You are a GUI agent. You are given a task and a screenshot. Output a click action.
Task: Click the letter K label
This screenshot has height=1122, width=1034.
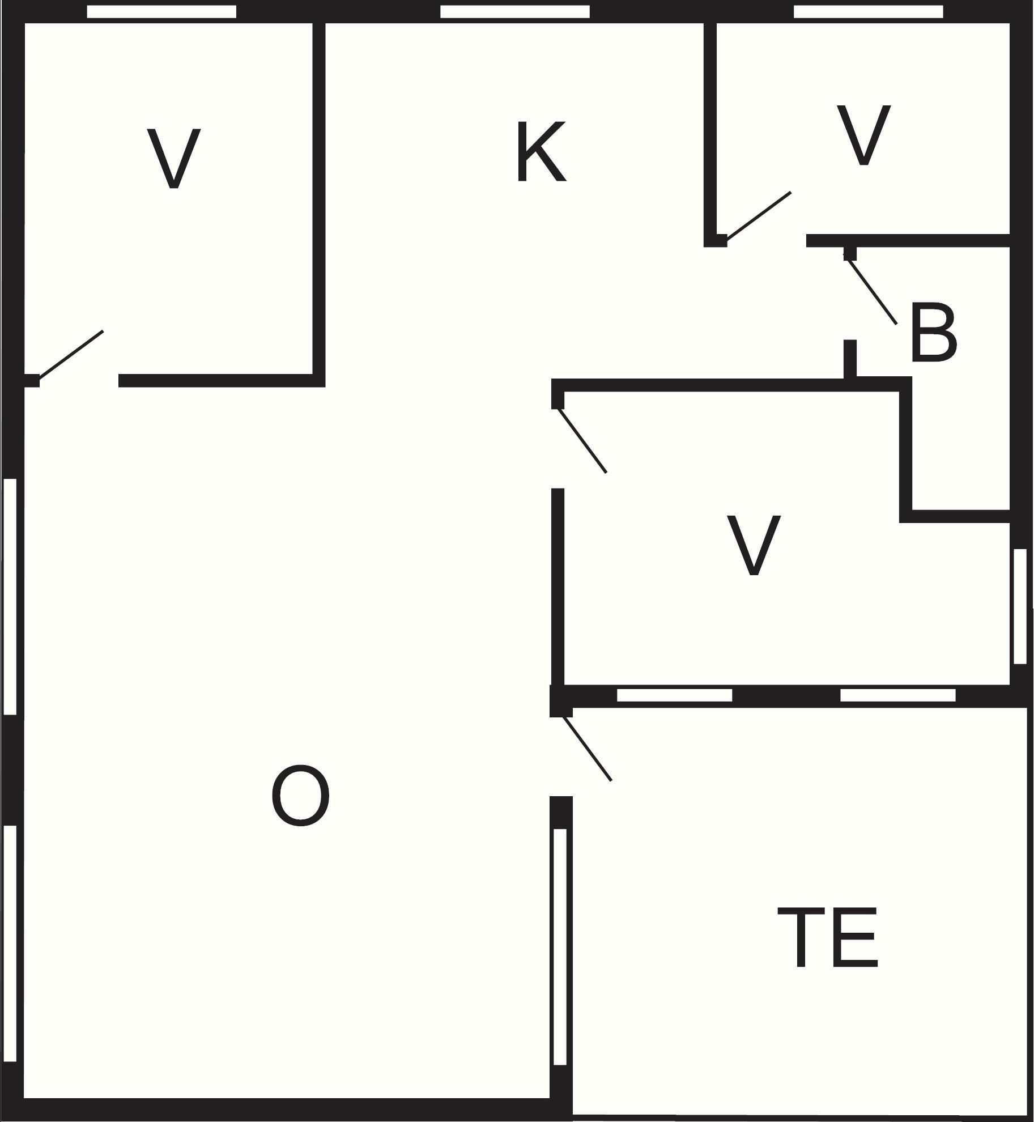pyautogui.click(x=542, y=151)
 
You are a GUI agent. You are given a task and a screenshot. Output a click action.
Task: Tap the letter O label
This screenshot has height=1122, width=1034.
pyautogui.click(x=300, y=795)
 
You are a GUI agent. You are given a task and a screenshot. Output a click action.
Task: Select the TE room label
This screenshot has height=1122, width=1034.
pyautogui.click(x=828, y=937)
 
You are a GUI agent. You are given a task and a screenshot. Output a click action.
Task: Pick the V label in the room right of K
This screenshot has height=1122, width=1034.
pyautogui.click(x=863, y=135)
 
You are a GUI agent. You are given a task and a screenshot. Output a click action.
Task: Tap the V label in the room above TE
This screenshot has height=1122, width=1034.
pyautogui.click(x=754, y=546)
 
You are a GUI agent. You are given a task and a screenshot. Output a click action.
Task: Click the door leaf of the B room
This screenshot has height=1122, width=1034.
pyautogui.click(x=871, y=289)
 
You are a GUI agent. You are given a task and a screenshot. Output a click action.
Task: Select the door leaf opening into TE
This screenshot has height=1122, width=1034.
pyautogui.click(x=586, y=749)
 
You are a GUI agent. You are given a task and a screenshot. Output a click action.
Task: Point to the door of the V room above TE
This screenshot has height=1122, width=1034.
pyautogui.click(x=582, y=439)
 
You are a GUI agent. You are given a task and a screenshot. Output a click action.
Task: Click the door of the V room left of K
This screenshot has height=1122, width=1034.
pyautogui.click(x=71, y=354)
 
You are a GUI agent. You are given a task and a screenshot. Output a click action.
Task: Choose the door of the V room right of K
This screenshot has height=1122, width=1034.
pyautogui.click(x=759, y=215)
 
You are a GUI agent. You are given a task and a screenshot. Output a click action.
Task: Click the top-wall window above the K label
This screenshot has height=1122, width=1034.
pyautogui.click(x=515, y=11)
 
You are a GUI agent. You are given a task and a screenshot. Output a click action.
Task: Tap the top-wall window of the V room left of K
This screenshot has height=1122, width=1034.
pyautogui.click(x=161, y=11)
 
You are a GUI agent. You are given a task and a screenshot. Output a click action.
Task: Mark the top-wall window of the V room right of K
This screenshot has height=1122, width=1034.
pyautogui.click(x=869, y=11)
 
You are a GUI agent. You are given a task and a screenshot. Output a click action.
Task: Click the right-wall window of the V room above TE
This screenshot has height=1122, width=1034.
pyautogui.click(x=1020, y=606)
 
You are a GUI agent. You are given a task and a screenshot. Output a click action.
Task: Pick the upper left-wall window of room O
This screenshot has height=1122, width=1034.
pyautogui.click(x=10, y=597)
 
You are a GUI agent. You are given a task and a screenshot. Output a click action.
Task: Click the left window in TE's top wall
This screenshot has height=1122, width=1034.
pyautogui.click(x=674, y=695)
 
